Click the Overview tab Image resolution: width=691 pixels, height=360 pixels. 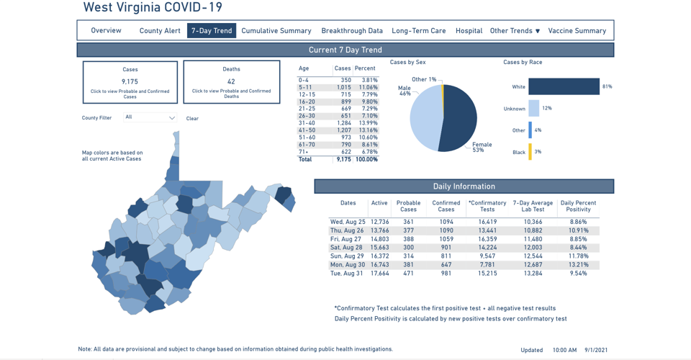(106, 31)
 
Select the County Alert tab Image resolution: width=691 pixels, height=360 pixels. (160, 31)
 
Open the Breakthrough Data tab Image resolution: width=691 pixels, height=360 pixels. (352, 31)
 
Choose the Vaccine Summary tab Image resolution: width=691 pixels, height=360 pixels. (577, 31)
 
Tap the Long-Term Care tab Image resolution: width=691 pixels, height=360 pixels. (418, 31)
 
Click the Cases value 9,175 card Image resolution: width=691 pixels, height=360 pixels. (130, 82)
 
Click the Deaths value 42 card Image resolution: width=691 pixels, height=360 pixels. (231, 82)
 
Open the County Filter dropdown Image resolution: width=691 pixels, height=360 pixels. (150, 117)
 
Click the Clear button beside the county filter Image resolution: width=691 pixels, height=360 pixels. (192, 119)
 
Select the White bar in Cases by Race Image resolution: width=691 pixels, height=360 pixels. (564, 86)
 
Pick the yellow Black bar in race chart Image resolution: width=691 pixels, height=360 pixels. (530, 152)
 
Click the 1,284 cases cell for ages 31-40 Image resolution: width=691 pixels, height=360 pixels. (343, 123)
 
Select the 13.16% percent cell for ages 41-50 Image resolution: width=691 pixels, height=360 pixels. (366, 130)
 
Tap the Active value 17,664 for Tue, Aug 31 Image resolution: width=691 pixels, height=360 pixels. (379, 274)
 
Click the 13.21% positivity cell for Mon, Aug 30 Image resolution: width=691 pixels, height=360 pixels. (578, 265)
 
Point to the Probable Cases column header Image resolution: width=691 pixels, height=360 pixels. (408, 206)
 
